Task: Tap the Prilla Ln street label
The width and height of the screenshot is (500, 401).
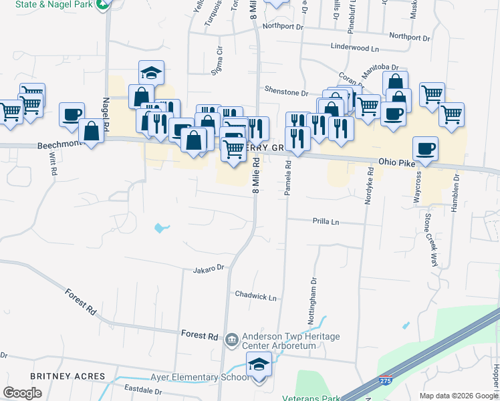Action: point(326,221)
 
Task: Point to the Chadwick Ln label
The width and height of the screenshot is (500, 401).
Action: point(255,295)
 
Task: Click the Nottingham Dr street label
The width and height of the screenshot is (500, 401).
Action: point(312,302)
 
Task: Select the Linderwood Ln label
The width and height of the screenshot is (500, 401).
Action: point(354,48)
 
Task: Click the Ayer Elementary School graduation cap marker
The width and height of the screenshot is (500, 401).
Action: point(259,365)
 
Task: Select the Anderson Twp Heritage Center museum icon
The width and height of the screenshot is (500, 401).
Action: point(231,340)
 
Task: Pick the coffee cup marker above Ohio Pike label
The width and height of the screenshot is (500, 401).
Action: point(425,148)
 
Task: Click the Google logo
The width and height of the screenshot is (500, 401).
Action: point(22,394)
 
